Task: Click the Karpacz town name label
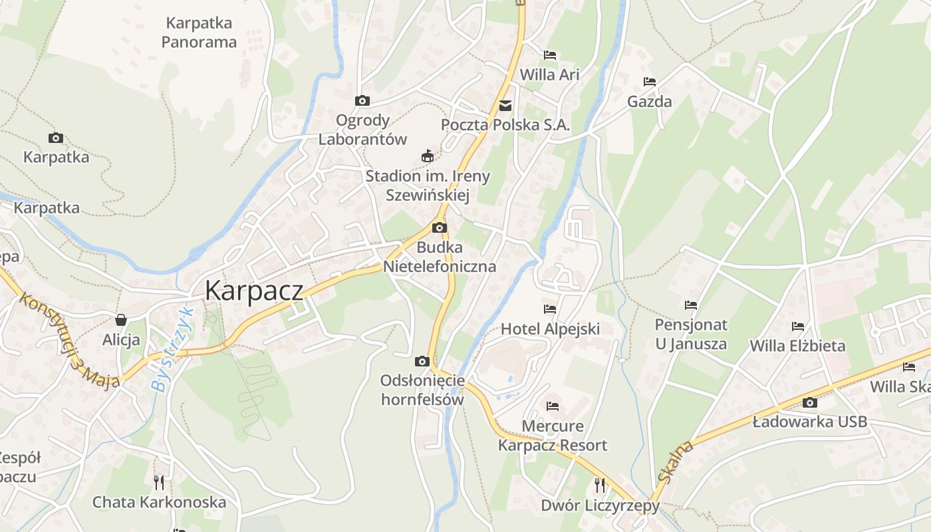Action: pos(253,291)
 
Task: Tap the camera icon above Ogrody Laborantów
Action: pos(362,100)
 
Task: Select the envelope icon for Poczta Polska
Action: pos(505,105)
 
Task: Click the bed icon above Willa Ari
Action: pos(550,55)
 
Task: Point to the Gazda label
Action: pos(650,102)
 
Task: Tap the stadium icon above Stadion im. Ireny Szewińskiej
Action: pos(428,156)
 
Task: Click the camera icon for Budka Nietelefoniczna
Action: pos(439,228)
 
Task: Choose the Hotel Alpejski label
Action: pos(550,329)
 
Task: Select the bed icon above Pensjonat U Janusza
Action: pos(691,305)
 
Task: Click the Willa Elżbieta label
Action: pos(797,346)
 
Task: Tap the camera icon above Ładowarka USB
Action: pos(809,402)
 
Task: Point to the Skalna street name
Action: pos(675,462)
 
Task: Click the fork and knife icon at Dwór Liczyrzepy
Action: pos(600,485)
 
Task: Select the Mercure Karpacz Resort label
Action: pos(553,436)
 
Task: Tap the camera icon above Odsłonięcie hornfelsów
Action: pos(422,361)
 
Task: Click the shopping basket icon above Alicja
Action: pos(121,320)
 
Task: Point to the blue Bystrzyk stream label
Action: pos(172,348)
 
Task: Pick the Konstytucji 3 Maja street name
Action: pos(68,340)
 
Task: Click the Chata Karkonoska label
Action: pos(159,502)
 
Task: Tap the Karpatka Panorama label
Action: pos(199,33)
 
